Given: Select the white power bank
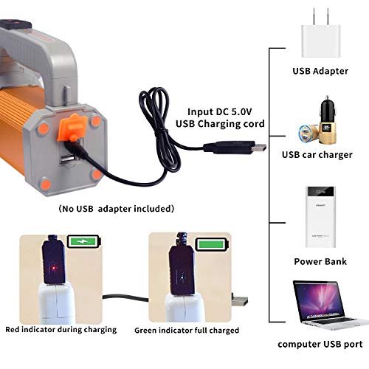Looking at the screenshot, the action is pos(320,217).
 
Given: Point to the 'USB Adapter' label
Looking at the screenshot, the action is pos(320,71).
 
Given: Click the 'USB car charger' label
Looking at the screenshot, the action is pos(317,155).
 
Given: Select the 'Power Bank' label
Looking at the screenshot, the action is pos(320,261).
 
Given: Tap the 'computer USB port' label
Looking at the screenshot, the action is pos(320,344).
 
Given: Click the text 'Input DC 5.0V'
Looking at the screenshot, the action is pos(220,112).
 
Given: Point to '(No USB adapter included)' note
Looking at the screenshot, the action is pos(116,209).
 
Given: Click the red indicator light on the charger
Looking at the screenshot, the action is pos(55,268).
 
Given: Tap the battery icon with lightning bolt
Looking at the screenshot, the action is pos(84,241).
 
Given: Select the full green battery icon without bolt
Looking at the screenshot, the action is pos(212,244).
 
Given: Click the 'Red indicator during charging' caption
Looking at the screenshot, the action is pos(61,330).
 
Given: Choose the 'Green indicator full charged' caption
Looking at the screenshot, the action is pos(187,330).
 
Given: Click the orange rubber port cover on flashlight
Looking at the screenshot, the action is pos(72,128).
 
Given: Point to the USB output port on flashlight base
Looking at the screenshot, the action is pos(67,160).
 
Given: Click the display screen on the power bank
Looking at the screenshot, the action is pos(321,192).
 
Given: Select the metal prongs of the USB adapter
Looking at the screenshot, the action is pos(320,16).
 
